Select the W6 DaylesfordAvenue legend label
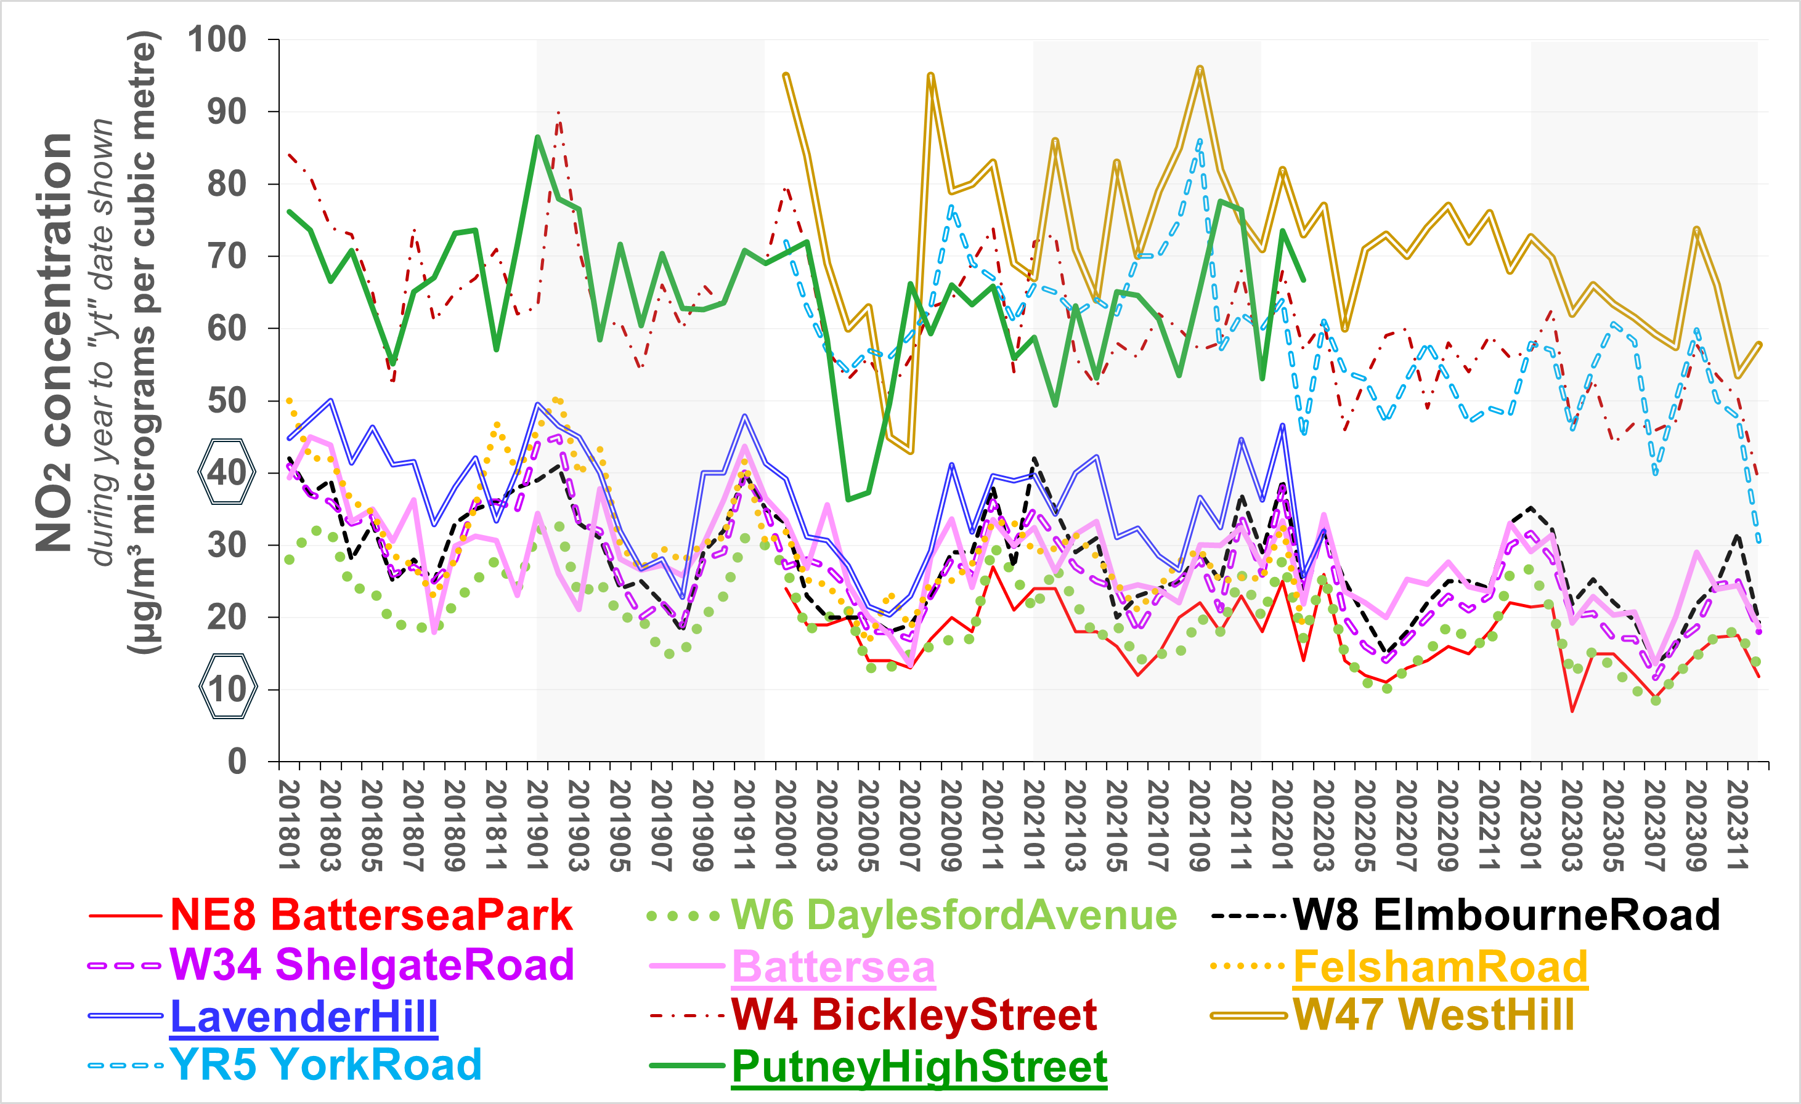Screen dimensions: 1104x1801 tap(954, 915)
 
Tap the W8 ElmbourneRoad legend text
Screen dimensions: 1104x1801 tap(1506, 915)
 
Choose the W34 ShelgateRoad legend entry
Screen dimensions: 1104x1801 tap(372, 965)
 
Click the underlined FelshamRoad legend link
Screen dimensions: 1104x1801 tap(1440, 967)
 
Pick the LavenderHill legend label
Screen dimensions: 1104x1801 tap(303, 1017)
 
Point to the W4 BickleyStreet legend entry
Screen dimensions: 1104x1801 tap(914, 1015)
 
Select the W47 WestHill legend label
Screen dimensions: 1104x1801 tap(1433, 1015)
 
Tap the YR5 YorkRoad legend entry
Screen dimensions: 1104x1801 tap(325, 1065)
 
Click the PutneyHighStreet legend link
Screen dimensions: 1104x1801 tap(919, 1066)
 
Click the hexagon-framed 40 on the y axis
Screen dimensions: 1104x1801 tap(227, 472)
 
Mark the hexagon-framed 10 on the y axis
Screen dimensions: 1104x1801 tap(228, 688)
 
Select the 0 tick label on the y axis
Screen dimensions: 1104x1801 tap(237, 761)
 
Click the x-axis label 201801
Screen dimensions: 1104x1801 tap(290, 825)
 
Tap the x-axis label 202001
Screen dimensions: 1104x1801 tap(786, 825)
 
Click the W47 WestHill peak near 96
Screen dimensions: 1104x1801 tap(1200, 69)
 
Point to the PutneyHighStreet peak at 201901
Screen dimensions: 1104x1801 tap(537, 137)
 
